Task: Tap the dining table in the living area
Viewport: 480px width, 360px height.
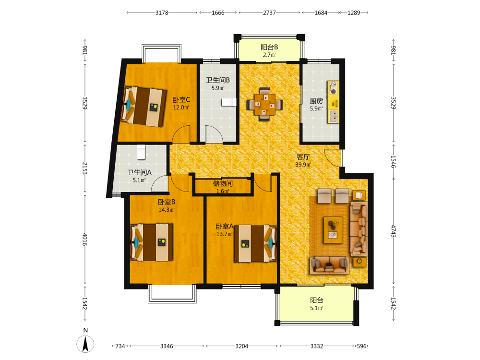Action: [x=265, y=104]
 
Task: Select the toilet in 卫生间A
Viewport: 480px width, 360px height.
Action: [x=141, y=152]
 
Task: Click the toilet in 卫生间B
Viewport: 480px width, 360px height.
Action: [x=228, y=102]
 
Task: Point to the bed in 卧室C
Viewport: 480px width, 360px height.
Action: [x=143, y=106]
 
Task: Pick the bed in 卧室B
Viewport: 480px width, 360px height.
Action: [x=151, y=242]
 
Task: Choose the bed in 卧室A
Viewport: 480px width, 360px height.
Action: [x=255, y=244]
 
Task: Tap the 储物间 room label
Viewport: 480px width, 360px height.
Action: [x=223, y=183]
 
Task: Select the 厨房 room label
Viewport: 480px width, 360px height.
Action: [x=316, y=101]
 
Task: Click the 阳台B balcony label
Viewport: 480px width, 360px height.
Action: [x=269, y=47]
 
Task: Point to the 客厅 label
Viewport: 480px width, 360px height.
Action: [x=303, y=157]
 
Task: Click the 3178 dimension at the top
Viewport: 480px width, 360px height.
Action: [x=162, y=12]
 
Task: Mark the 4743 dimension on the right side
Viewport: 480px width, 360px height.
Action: [x=394, y=231]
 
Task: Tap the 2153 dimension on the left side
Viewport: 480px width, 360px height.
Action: [x=85, y=168]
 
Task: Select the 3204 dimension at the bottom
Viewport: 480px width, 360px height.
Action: [x=242, y=346]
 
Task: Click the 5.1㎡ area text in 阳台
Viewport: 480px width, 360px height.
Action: [x=316, y=308]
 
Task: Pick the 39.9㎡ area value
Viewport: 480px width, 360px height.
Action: [x=303, y=165]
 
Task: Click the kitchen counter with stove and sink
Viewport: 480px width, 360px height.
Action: [x=333, y=102]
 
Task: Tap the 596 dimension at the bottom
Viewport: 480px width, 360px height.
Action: [x=361, y=346]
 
